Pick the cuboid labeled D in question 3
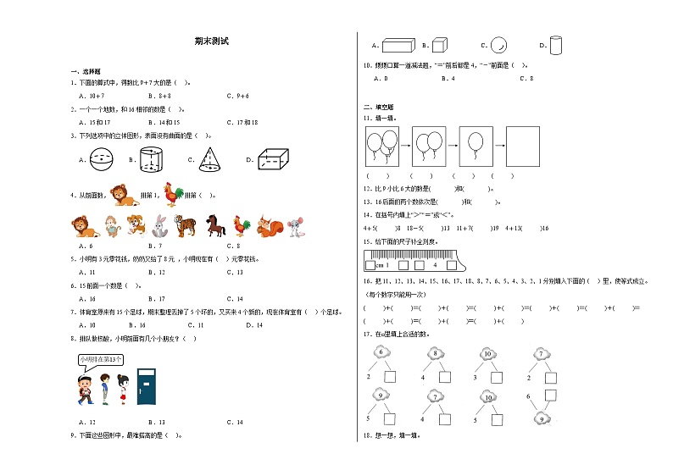(x=273, y=158)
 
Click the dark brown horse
(x=212, y=224)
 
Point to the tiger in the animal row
(x=185, y=225)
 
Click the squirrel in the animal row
(x=269, y=225)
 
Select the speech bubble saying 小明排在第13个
(x=98, y=359)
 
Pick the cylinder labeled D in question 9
(x=556, y=45)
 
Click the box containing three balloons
(x=383, y=146)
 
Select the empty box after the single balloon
(x=522, y=146)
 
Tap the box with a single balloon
(x=476, y=146)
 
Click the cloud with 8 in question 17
(x=435, y=354)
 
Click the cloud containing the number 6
(x=381, y=352)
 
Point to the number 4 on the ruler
(x=434, y=263)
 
